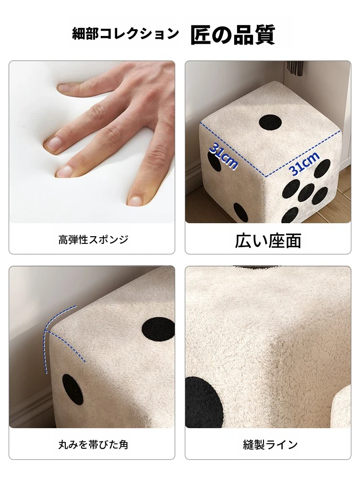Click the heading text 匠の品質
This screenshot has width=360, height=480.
(x=233, y=35)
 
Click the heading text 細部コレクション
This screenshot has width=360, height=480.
(x=125, y=34)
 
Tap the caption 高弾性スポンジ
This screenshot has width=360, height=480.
(x=94, y=240)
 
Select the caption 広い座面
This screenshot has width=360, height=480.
(x=268, y=240)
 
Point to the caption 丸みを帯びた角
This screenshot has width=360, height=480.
(x=94, y=444)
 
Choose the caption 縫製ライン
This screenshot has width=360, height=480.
(x=271, y=444)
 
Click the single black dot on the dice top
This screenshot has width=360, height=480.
(x=270, y=122)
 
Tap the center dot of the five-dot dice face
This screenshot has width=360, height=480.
(x=307, y=193)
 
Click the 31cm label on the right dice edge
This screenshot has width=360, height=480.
(x=304, y=164)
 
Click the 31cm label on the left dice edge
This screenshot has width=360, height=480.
(x=224, y=156)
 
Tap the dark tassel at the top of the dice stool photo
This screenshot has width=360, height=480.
(x=295, y=68)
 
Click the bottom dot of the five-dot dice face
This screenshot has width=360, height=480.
(x=290, y=215)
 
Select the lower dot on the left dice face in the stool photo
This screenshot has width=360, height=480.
(x=240, y=213)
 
